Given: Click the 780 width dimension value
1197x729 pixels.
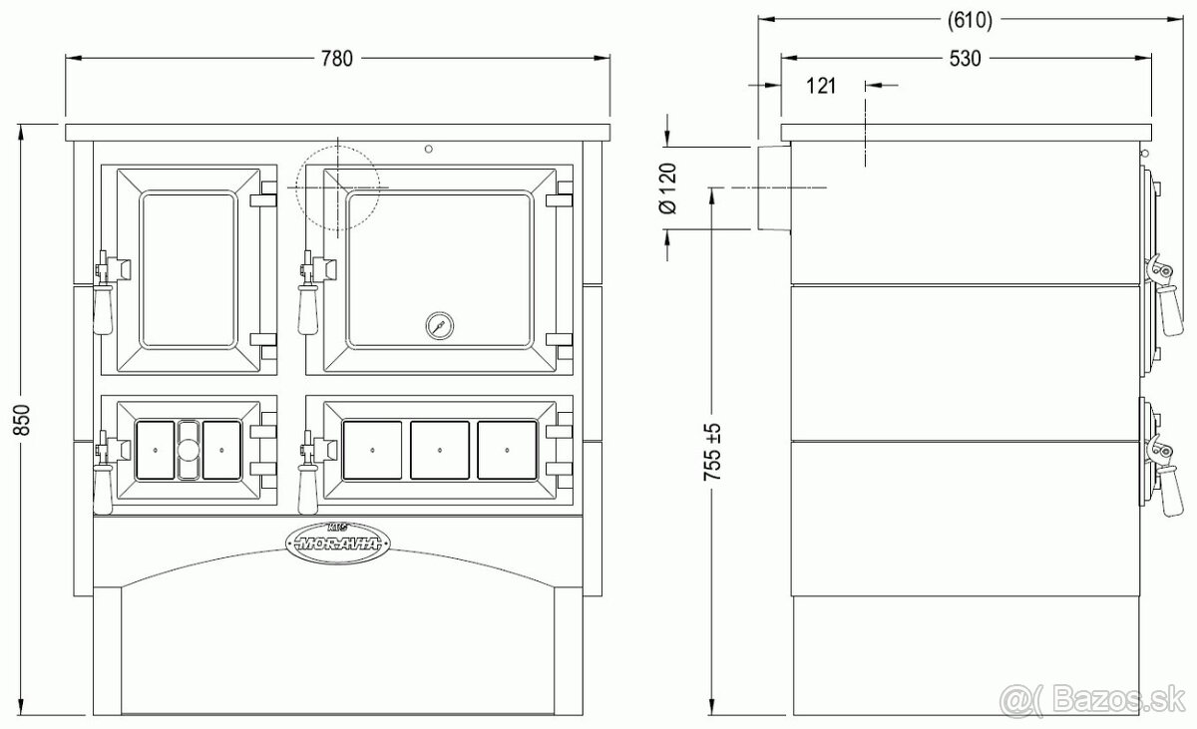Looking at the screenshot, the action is point(337,58).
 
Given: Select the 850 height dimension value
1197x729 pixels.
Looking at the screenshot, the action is point(23,420).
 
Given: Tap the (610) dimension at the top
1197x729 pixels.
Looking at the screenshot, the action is point(970,20).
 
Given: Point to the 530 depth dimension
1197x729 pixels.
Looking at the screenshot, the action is point(966,58).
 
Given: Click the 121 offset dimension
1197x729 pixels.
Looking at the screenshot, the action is point(821,86).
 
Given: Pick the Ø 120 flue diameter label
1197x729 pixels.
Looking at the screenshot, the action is point(668,188).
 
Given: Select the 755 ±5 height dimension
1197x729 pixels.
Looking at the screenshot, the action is point(712,452).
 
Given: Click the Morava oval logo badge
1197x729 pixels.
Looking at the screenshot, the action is point(338,544).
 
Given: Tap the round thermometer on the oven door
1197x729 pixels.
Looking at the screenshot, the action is point(440,325).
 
